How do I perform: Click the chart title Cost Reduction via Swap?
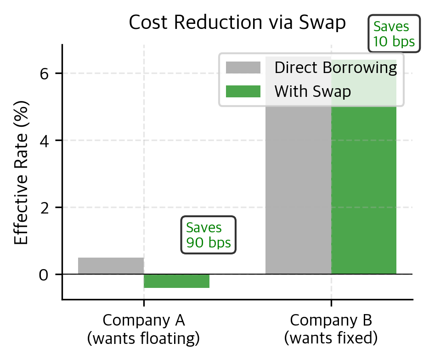click(x=237, y=23)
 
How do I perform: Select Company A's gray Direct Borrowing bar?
click(x=111, y=266)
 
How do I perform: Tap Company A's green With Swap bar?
click(x=176, y=281)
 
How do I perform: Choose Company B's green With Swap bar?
click(x=364, y=193)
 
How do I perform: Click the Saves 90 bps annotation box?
click(x=209, y=235)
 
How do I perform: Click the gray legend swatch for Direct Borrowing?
click(x=243, y=68)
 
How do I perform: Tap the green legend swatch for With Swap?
click(x=243, y=91)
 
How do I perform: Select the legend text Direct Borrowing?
click(x=336, y=68)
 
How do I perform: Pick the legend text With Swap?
click(x=313, y=91)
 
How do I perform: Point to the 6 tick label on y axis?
click(x=45, y=73)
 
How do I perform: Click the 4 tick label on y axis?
click(x=45, y=141)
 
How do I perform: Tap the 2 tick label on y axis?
click(x=45, y=208)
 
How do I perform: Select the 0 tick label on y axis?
click(x=45, y=275)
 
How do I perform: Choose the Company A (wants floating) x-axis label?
click(x=144, y=329)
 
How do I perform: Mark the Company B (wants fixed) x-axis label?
click(x=331, y=329)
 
